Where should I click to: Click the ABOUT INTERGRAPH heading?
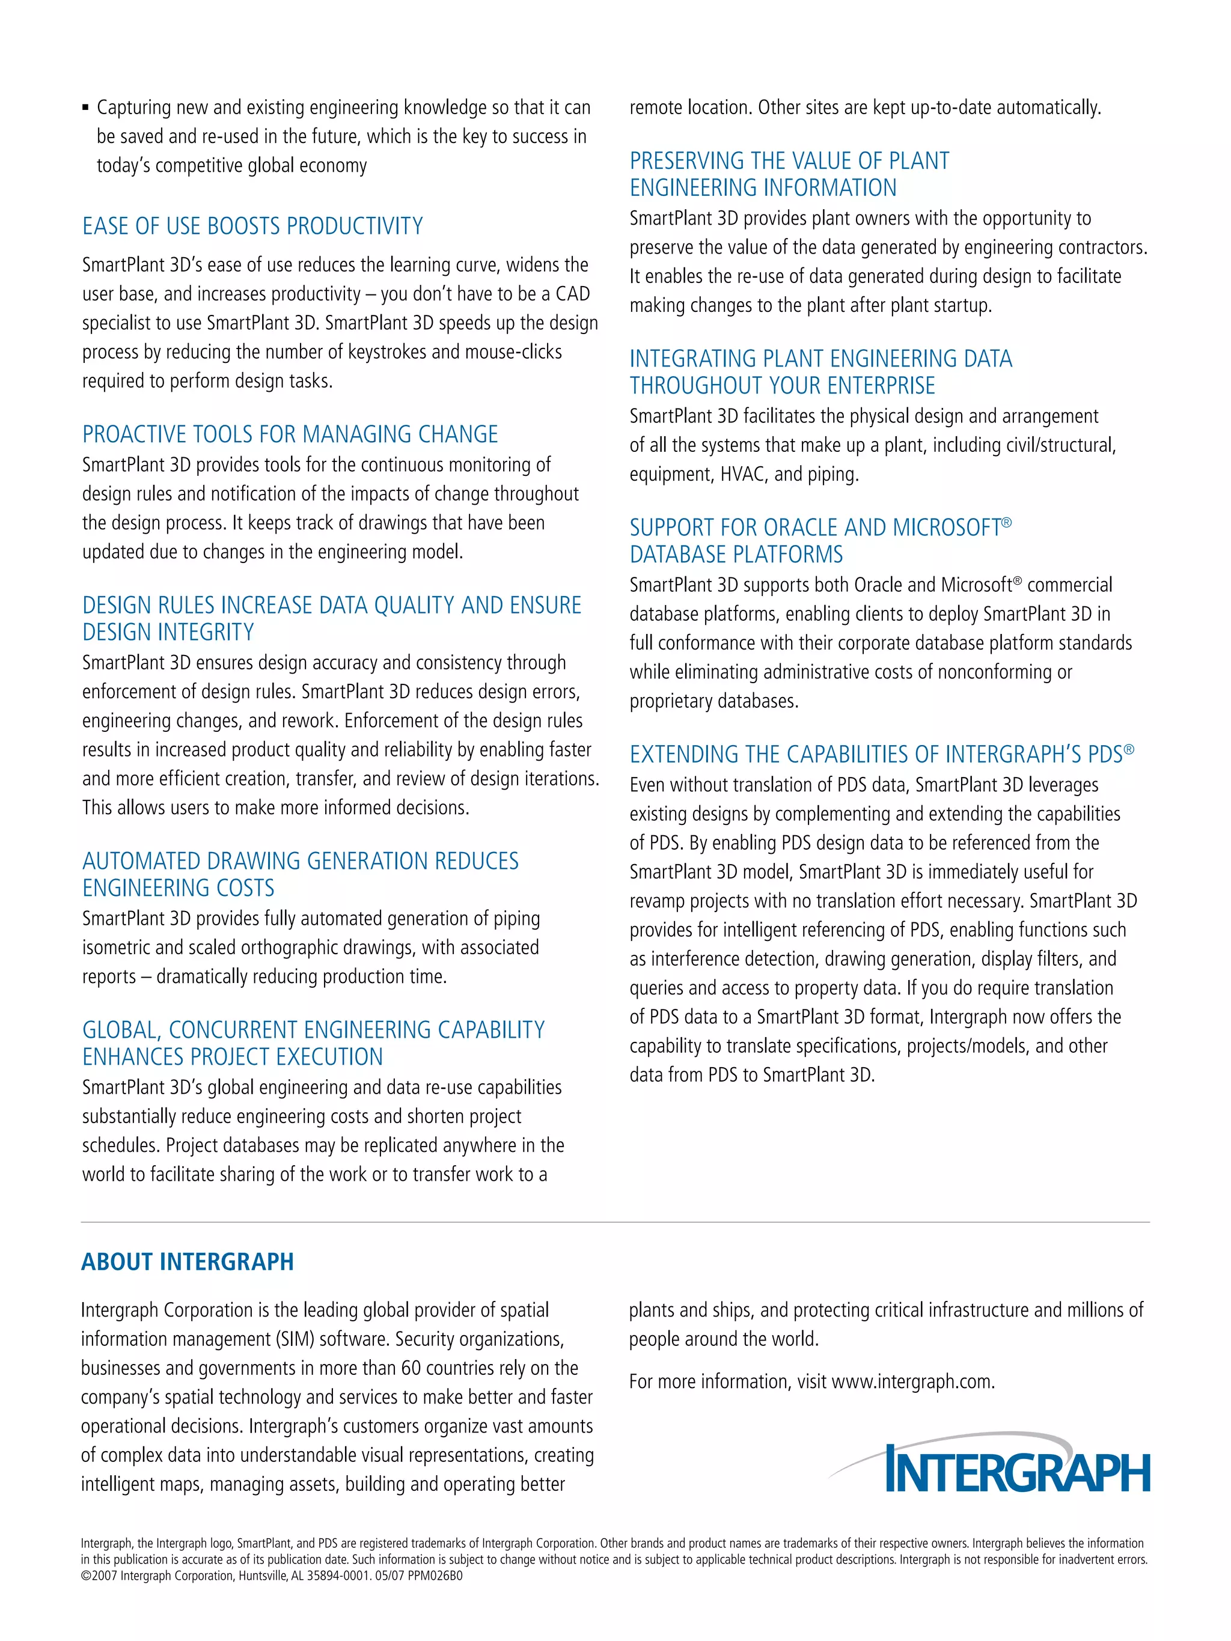[188, 1262]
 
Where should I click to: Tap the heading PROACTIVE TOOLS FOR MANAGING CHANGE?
[290, 434]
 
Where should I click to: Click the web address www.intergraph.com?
[912, 1382]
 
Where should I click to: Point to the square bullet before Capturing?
[86, 109]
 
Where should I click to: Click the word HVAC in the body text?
[744, 474]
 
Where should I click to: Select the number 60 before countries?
[411, 1368]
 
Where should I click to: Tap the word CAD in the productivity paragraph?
[572, 294]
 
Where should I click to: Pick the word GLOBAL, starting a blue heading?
[123, 1031]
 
